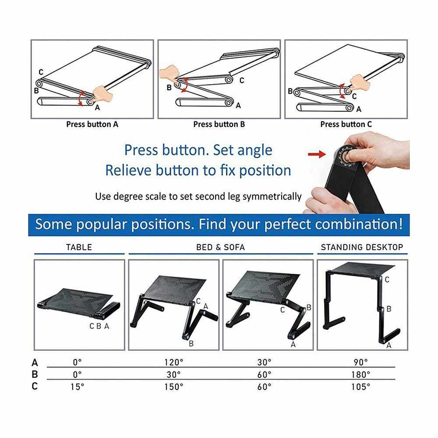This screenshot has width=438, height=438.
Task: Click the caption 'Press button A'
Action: tap(92, 124)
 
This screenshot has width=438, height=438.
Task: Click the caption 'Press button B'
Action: tap(219, 124)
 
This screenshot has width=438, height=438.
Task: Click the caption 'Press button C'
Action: tap(346, 124)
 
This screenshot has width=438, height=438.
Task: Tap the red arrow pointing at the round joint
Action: tap(317, 154)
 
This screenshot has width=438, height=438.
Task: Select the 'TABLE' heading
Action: tap(79, 247)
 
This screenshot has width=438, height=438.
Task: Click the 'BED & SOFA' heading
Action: tap(220, 247)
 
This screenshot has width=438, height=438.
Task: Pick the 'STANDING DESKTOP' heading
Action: tap(362, 247)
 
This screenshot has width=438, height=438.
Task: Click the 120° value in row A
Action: tap(174, 362)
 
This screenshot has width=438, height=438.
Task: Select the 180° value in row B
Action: tap(360, 374)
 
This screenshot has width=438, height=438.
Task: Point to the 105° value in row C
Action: tap(360, 387)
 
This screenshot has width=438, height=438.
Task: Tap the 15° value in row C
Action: tap(78, 387)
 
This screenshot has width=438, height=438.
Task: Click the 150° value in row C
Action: tap(174, 387)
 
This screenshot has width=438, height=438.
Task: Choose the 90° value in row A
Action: tap(360, 362)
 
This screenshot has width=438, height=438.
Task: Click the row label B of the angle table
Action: tap(35, 374)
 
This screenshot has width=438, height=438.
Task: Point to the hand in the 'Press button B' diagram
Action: tap(169, 74)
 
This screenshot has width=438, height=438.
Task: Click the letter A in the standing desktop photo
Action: tap(389, 346)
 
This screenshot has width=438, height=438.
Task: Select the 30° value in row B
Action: tap(174, 374)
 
